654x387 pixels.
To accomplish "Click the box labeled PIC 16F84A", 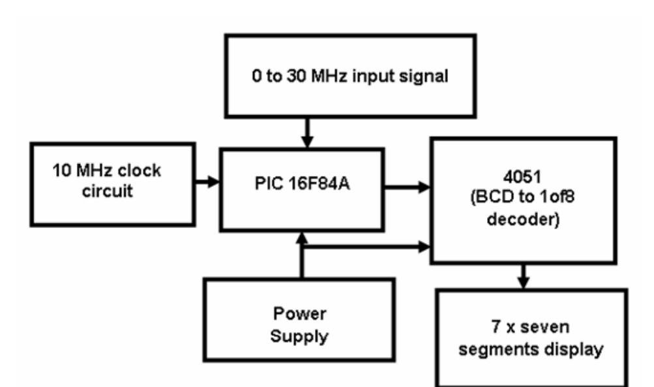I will coord(300,189).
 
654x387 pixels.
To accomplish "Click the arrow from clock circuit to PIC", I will coord(208,182).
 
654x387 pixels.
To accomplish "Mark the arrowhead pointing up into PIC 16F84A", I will coord(302,239).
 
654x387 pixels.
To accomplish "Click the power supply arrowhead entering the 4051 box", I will coord(424,247).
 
